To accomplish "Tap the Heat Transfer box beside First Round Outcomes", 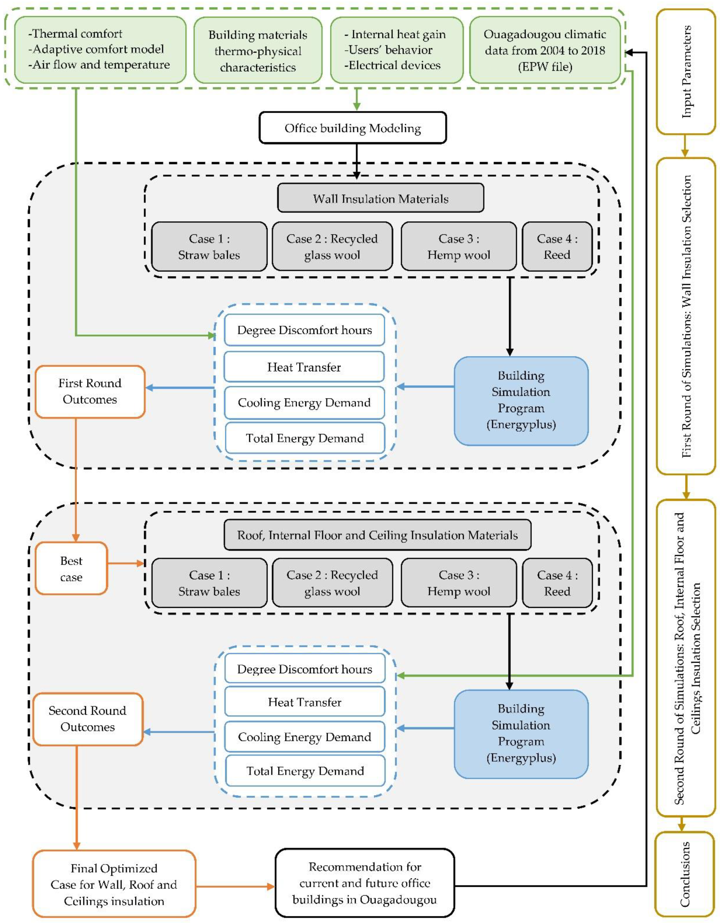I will (304, 367).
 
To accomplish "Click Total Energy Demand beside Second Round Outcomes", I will (305, 771).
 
